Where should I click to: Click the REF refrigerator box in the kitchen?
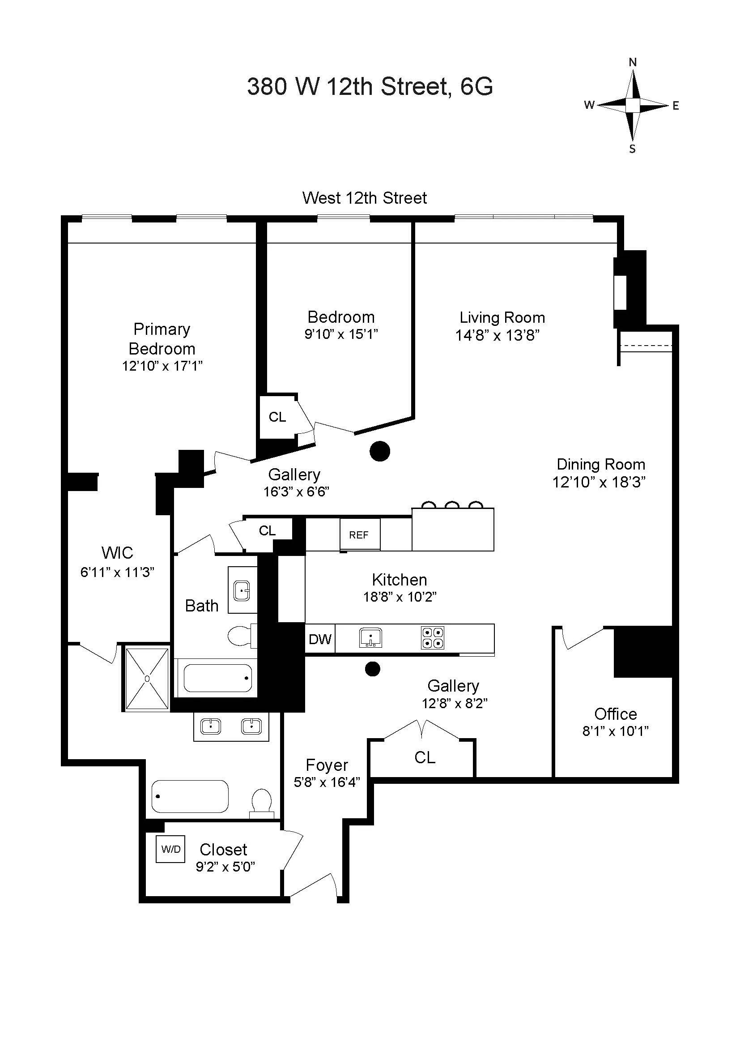click(360, 534)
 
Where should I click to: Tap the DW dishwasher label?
click(320, 639)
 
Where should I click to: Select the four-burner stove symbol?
click(432, 637)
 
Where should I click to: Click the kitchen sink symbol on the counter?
click(370, 637)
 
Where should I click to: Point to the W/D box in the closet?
click(171, 849)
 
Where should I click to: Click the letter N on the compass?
click(633, 63)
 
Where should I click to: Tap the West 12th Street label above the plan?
click(365, 198)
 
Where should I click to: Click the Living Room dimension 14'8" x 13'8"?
click(497, 336)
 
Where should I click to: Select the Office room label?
click(615, 714)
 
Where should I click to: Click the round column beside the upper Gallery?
click(379, 452)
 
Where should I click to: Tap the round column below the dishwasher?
click(373, 669)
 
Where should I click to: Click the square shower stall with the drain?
click(147, 679)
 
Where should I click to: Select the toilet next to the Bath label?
click(240, 636)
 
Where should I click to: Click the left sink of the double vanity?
click(211, 726)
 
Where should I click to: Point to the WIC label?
click(117, 553)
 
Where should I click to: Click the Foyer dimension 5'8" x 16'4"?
click(327, 782)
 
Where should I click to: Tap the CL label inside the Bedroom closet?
click(277, 417)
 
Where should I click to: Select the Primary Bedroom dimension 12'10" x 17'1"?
click(162, 366)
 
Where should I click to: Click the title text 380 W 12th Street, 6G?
click(370, 86)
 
